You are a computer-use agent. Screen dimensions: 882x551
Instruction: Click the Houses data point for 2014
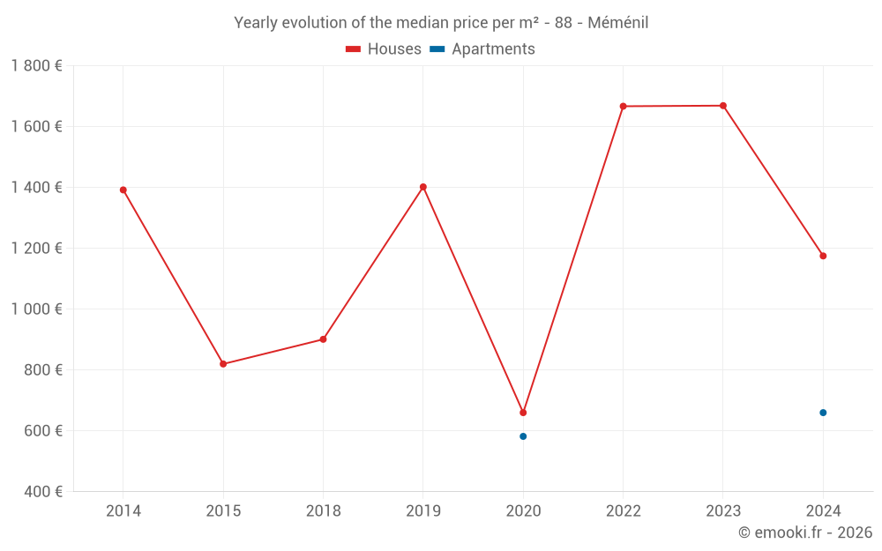tap(123, 190)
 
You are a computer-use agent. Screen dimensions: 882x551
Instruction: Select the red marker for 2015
tap(223, 364)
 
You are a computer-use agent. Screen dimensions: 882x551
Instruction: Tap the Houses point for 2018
tap(323, 339)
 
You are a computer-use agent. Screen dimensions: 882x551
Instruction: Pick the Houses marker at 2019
tap(423, 187)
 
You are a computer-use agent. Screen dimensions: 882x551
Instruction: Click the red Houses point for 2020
tap(523, 413)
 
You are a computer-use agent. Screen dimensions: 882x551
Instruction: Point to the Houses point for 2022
tap(623, 107)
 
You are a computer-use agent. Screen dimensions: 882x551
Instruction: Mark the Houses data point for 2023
tap(723, 106)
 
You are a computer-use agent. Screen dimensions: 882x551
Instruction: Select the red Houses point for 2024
tap(823, 257)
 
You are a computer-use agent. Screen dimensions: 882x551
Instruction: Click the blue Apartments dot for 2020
tap(523, 436)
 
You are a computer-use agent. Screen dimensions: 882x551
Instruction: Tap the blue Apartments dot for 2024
tap(823, 413)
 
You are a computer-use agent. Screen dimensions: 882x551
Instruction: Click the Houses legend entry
tap(384, 49)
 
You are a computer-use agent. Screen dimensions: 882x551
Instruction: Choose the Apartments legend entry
tap(482, 49)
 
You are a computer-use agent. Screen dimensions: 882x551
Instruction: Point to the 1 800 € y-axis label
tap(36, 66)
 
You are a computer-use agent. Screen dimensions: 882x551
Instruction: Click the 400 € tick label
tap(45, 492)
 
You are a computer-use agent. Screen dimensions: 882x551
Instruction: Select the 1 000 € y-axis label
tap(36, 309)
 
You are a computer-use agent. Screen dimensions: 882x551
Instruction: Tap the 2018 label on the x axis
tap(323, 510)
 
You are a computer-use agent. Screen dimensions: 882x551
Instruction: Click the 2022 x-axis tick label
tap(623, 510)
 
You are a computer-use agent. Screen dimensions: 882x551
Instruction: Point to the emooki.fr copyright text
tap(804, 532)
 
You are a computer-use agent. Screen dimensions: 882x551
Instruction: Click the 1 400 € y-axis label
tap(36, 188)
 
